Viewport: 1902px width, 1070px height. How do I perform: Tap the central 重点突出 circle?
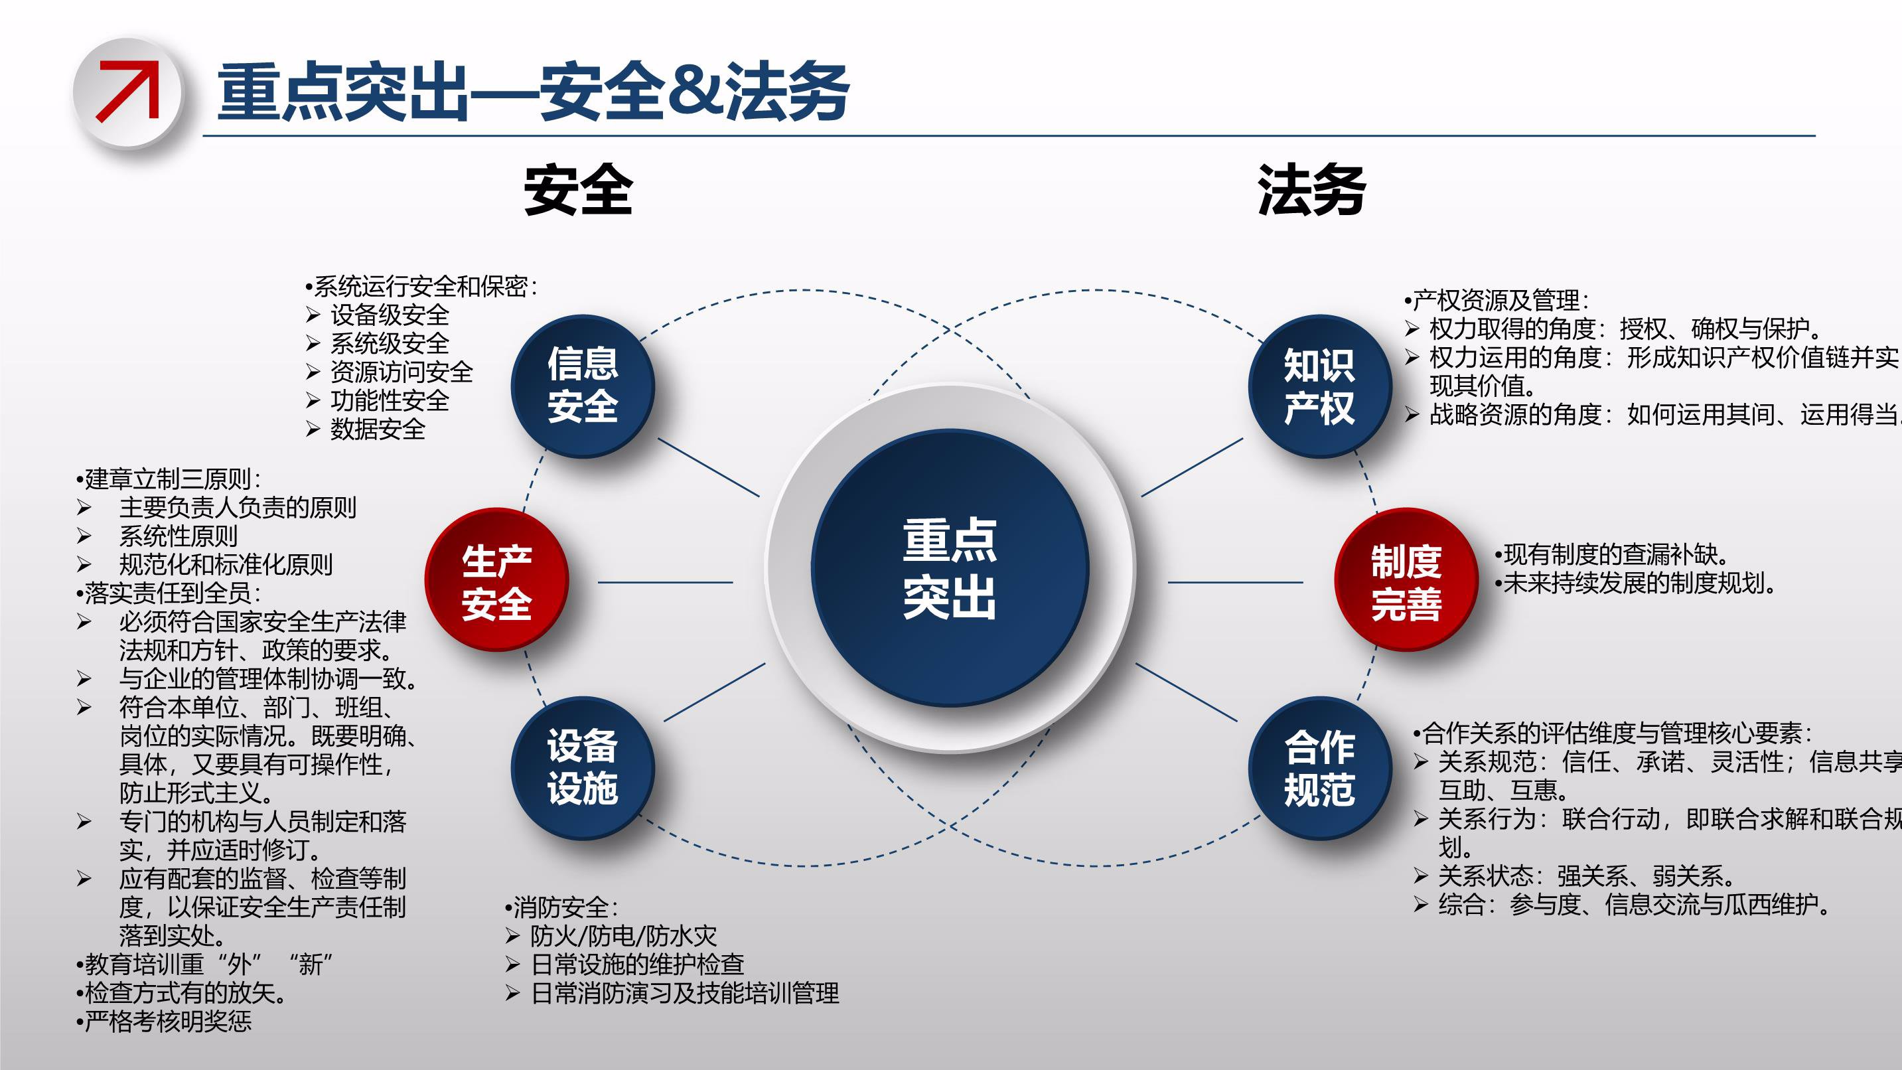pos(950,568)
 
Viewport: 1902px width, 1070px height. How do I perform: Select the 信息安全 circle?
pos(583,386)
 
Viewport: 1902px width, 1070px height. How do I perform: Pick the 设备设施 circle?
pos(583,767)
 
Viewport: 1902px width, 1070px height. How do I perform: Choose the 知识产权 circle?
pos(1319,386)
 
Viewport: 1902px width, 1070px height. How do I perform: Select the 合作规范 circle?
pos(1319,768)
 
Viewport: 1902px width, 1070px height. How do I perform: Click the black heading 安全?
pos(578,190)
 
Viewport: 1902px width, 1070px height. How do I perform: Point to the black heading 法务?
pos(1311,190)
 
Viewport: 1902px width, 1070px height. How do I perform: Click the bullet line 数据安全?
pos(378,429)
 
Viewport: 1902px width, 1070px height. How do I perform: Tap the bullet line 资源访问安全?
pos(401,372)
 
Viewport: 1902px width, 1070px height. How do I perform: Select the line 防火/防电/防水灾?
pos(622,936)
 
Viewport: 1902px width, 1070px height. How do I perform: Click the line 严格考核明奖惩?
pos(168,1022)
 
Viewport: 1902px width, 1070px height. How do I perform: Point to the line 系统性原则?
pos(178,536)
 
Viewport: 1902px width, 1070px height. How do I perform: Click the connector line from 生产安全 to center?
pos(664,582)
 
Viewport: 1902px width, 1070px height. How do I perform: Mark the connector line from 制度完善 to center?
pos(1234,582)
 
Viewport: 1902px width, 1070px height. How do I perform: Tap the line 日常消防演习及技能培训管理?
pos(684,993)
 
